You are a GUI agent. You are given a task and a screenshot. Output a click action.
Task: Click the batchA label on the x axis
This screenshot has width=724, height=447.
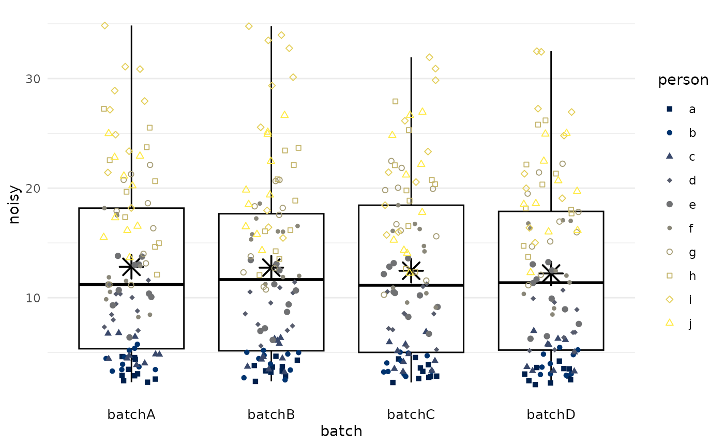pos(131,414)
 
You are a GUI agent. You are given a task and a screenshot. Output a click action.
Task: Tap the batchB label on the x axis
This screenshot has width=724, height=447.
pos(271,414)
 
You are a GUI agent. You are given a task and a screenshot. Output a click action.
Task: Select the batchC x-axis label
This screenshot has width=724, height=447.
pos(411,414)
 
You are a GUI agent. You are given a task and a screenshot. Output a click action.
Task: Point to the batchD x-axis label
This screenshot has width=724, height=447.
pos(551,414)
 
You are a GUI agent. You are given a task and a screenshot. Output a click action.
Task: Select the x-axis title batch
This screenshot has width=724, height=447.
pos(341,431)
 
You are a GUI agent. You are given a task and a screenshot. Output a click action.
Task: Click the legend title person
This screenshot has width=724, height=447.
pos(683,80)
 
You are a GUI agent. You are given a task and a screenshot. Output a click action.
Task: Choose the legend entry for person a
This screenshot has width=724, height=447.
pos(669,109)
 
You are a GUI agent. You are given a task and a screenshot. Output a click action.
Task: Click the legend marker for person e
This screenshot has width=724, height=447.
pos(669,205)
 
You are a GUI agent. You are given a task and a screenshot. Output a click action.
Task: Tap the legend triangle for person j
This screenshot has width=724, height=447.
pos(669,322)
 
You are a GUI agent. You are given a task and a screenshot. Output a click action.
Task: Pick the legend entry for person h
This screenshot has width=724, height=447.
pos(669,275)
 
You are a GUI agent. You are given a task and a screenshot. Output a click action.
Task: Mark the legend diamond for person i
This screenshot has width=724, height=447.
pos(669,300)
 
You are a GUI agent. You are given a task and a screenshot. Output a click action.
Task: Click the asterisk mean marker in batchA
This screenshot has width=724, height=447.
pos(131,266)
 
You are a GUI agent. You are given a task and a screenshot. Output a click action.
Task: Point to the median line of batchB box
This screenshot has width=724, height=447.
pos(271,280)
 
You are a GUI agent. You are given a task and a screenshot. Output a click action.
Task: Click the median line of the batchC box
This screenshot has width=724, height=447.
pos(411,285)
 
